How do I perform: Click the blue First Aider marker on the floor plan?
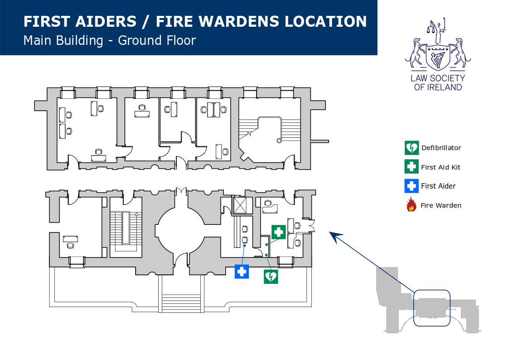pyautogui.click(x=242, y=272)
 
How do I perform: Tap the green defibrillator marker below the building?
pyautogui.click(x=271, y=276)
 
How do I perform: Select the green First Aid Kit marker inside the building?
pyautogui.click(x=278, y=232)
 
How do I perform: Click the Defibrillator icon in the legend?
pyautogui.click(x=411, y=148)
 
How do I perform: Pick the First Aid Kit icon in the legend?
pyautogui.click(x=411, y=167)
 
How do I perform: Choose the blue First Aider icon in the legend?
pyautogui.click(x=411, y=186)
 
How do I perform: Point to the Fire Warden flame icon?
pyautogui.click(x=411, y=205)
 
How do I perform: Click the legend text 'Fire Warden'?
pyautogui.click(x=441, y=205)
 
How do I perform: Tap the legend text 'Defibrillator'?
pyautogui.click(x=441, y=148)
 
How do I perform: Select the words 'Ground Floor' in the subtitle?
pyautogui.click(x=157, y=40)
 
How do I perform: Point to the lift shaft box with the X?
pyautogui.click(x=241, y=205)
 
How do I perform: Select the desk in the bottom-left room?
pyautogui.click(x=70, y=238)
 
